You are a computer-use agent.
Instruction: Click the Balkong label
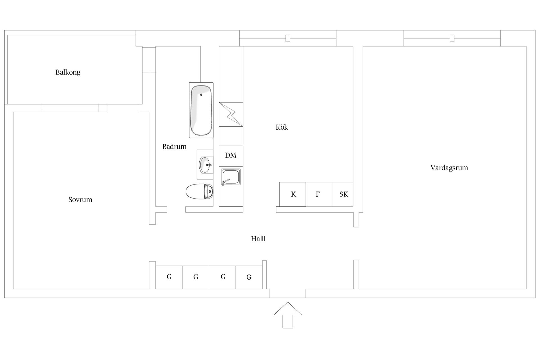[68, 73]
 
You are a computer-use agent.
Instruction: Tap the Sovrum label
[80, 200]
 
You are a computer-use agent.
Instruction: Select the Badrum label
[174, 147]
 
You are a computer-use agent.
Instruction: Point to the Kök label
[282, 127]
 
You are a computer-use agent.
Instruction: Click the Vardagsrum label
[449, 168]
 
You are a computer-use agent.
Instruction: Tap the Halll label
[258, 239]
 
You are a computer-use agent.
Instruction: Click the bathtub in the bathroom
[201, 110]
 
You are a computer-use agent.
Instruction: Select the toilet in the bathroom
[199, 192]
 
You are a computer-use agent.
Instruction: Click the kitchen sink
[231, 177]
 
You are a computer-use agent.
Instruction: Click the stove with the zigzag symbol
[231, 114]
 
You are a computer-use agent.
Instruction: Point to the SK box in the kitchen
[343, 194]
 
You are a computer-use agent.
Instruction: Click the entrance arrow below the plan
[288, 315]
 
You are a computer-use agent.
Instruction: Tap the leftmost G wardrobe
[169, 277]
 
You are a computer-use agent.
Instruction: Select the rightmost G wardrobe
[249, 277]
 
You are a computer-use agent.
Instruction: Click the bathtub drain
[201, 95]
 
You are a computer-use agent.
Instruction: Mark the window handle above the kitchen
[288, 38]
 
